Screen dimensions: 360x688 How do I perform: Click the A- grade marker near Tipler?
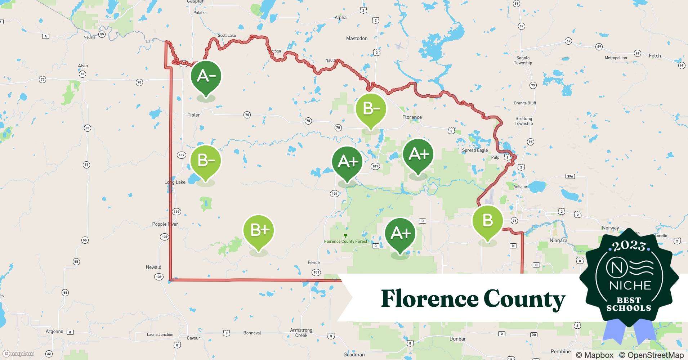[x=206, y=77]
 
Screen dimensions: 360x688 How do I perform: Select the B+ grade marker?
[x=259, y=231]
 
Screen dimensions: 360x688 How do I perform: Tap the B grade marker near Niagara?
[x=487, y=220]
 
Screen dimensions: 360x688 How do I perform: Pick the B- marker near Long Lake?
[x=206, y=161]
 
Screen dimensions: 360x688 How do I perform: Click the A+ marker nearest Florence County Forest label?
[x=400, y=234]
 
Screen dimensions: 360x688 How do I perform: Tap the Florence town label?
[x=412, y=117]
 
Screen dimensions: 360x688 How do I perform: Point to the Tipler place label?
[x=193, y=115]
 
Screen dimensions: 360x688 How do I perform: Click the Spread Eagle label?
[x=475, y=150]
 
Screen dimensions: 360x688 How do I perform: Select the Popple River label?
[x=165, y=224]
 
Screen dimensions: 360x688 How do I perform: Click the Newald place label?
[x=153, y=267]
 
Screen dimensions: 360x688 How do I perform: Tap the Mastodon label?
[x=357, y=39]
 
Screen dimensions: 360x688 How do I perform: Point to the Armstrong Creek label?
[x=301, y=333]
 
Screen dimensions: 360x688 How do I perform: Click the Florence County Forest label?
[x=345, y=242]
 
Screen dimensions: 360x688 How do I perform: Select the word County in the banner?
[x=524, y=299]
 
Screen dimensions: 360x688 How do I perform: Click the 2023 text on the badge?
[x=629, y=246]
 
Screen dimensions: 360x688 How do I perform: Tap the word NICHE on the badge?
[x=630, y=286]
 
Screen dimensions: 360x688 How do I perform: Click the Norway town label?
[x=610, y=228]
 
